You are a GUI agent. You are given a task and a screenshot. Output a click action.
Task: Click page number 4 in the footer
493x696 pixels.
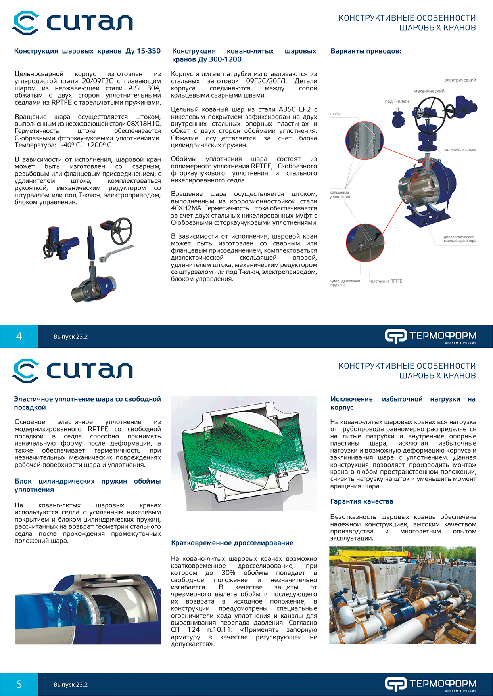pos(19,337)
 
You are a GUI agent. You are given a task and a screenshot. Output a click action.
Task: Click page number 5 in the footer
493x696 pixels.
pos(19,685)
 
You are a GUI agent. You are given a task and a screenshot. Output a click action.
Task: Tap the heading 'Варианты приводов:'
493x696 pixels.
pos(366,51)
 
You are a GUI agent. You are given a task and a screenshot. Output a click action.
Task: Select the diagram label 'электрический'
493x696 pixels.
pos(460,80)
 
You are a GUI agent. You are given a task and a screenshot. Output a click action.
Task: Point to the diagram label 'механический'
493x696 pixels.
pos(429,91)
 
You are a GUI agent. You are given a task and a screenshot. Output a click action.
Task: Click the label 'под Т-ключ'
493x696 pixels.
pos(397,101)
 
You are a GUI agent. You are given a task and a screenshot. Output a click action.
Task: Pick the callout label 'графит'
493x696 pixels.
pos(336,114)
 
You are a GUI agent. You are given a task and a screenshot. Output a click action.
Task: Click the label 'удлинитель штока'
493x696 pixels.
pos(460,150)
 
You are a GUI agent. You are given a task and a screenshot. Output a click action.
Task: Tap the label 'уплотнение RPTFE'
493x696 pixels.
pos(386,281)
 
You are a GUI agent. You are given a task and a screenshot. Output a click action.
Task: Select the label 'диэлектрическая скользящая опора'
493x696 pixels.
pos(459,239)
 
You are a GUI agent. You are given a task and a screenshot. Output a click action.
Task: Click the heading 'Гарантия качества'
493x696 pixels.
pos(362,501)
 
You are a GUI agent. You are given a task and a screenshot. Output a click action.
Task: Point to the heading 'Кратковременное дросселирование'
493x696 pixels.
pos(232,543)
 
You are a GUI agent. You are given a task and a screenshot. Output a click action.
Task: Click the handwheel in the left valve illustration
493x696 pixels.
pos(121,231)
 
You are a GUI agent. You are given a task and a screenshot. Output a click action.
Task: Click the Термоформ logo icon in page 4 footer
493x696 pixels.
pos(395,336)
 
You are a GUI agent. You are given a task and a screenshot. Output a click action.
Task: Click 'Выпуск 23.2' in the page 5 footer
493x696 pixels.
pos(71,685)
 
